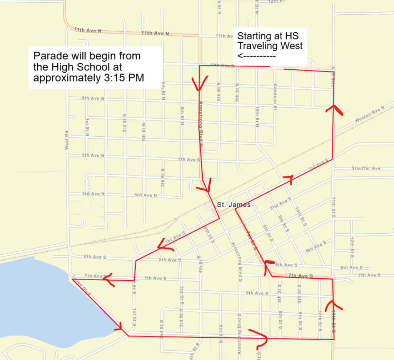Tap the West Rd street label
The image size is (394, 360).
click(67, 141)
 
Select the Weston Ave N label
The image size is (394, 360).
click(370, 115)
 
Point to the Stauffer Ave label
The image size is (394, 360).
click(366, 168)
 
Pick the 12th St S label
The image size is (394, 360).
click(352, 247)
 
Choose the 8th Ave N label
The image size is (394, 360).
click(93, 99)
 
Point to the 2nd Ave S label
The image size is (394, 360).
click(280, 204)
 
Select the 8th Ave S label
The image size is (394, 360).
click(257, 293)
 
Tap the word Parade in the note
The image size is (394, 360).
click(46, 55)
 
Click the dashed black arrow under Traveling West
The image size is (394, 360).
click(256, 56)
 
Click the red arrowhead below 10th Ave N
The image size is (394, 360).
click(199, 83)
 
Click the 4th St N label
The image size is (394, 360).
click(144, 131)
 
